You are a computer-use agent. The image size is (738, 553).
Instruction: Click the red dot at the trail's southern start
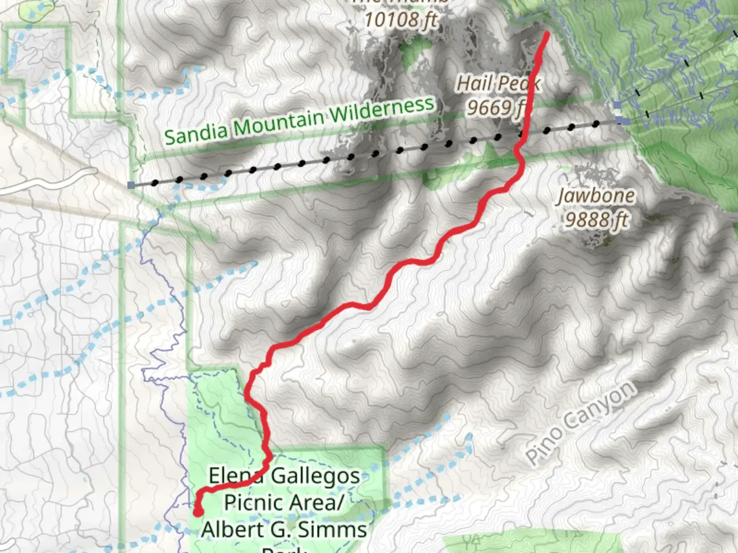tap(198, 512)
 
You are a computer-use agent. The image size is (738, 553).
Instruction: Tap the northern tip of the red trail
tap(546, 34)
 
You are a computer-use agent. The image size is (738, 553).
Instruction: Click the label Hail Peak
tap(497, 83)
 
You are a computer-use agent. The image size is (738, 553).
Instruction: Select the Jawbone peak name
tap(596, 196)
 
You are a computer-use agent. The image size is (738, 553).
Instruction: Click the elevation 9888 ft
tap(597, 220)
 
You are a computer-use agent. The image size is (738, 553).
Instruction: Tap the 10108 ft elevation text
tap(401, 20)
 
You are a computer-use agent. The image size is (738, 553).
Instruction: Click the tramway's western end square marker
tap(132, 185)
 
